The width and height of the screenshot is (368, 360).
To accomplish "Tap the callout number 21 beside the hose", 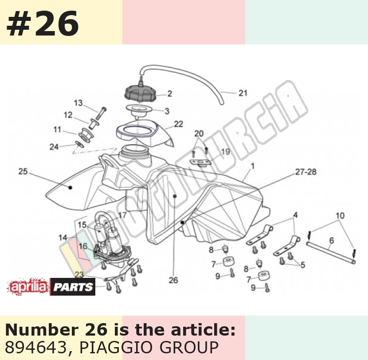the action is click(x=243, y=93).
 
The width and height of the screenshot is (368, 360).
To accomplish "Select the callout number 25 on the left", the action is click(x=23, y=171).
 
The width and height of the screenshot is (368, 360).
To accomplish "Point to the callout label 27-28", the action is click(x=305, y=172).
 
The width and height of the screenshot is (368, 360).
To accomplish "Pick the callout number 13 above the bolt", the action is click(x=78, y=103).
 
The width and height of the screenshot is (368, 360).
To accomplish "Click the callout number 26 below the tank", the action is click(x=173, y=280).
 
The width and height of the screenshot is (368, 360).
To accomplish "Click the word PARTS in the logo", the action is click(x=73, y=287).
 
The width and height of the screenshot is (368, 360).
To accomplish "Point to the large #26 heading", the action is click(x=43, y=24).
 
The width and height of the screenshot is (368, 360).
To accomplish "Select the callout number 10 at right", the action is click(x=340, y=215).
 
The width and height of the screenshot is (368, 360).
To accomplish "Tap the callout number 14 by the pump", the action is click(x=63, y=237).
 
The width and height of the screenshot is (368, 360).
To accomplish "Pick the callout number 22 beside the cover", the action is click(x=178, y=124).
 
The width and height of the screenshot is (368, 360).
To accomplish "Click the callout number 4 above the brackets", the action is click(x=295, y=215).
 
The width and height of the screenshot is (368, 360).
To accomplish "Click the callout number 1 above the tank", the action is click(x=253, y=166).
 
